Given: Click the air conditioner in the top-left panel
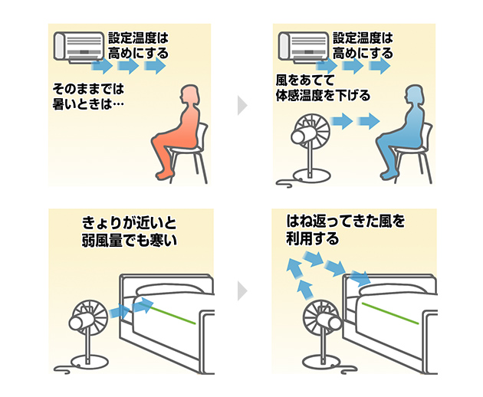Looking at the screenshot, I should pos(77,46).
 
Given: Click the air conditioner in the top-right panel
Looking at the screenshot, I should pos(302,46).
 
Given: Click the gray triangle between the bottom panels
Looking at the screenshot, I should pos(242,290).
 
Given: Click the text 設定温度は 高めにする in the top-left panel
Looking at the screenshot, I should pos(138,46).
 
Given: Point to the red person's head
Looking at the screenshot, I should pos(186,96).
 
